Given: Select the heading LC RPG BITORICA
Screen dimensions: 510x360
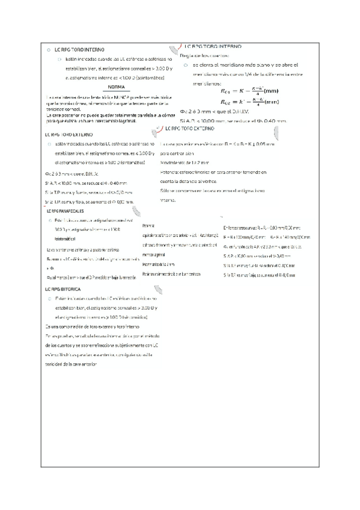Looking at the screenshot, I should coord(63,289).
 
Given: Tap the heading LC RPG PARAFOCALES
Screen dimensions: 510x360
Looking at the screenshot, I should coord(65,212).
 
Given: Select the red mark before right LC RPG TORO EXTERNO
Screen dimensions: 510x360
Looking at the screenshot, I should coord(159,129).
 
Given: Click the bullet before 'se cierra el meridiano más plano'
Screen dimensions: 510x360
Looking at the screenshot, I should coord(186,64).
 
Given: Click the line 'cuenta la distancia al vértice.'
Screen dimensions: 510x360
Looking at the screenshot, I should coord(188,181).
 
